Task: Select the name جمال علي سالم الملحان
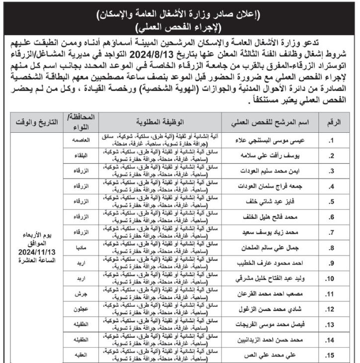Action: click(x=266, y=247)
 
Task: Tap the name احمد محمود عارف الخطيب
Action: click(x=265, y=263)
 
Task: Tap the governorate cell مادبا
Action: click(x=82, y=247)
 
